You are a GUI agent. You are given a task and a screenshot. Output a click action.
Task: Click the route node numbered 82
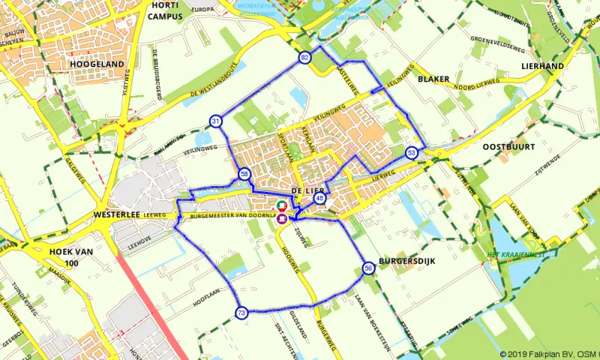point(304,58)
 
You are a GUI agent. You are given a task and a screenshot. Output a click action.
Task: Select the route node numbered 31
point(216,121)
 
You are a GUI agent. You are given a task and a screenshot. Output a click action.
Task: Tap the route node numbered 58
point(244,174)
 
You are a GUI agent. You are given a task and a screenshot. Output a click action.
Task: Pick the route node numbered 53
point(412,152)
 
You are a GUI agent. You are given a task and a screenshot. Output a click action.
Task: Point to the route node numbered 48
point(320,198)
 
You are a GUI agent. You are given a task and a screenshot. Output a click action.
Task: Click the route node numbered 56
point(368,268)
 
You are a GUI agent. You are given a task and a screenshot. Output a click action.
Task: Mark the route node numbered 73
point(241,313)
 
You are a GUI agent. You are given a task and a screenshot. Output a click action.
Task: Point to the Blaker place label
point(433,78)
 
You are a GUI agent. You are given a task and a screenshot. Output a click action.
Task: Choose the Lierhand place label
point(541,66)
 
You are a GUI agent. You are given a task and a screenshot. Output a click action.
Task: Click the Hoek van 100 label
point(72,256)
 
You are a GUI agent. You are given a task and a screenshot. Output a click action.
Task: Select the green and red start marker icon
point(281,205)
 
